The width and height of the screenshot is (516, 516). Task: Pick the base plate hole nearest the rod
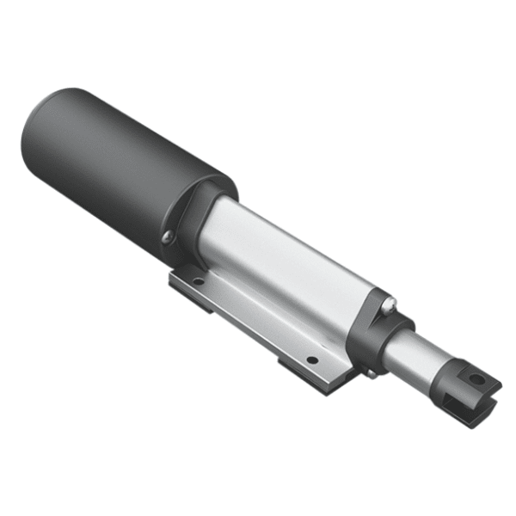point(312,359)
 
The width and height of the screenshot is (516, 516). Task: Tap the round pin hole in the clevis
point(476,379)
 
